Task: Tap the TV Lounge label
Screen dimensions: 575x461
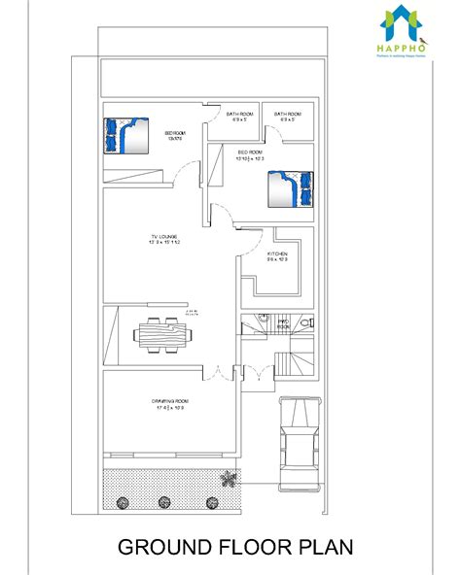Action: coord(164,238)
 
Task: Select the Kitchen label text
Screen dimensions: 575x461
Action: coord(277,256)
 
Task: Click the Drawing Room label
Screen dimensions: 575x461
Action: coord(169,404)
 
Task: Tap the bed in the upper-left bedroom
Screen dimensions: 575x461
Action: coord(125,136)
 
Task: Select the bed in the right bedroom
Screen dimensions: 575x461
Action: coord(292,187)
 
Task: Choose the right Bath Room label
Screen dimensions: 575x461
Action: coord(287,118)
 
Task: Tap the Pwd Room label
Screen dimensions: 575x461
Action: coord(284,323)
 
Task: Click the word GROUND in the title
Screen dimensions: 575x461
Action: coord(163,548)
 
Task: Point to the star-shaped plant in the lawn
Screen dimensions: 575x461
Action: coord(229,477)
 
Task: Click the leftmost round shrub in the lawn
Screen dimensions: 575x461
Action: coord(123,501)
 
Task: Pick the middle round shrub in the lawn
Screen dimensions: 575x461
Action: coord(166,501)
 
